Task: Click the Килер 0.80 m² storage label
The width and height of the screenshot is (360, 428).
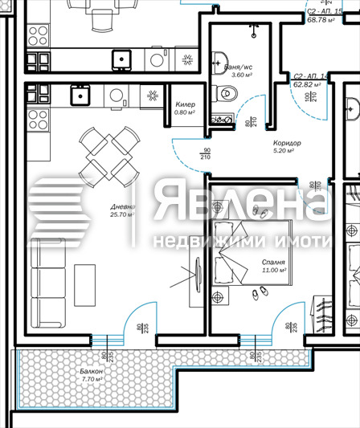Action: [x=185, y=108]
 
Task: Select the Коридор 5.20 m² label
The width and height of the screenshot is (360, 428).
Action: [x=278, y=146]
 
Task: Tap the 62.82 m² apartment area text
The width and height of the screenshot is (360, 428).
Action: [x=313, y=84]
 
